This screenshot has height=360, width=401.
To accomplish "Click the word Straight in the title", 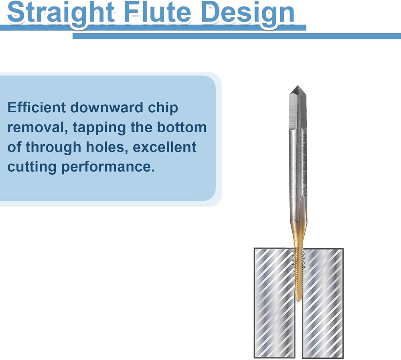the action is [x=61, y=12].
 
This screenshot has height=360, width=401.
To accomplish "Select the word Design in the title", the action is [x=248, y=12].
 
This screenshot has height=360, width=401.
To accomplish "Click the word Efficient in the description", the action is [x=36, y=107].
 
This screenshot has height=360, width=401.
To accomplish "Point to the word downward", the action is [x=106, y=107].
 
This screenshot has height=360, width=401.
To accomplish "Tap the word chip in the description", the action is [x=163, y=108].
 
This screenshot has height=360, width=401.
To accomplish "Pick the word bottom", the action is [x=182, y=127].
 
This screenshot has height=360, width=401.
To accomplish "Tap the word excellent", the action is [x=164, y=147].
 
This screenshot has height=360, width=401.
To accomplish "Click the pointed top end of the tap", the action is [x=298, y=86].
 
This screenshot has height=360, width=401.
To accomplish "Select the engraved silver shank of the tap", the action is [x=298, y=166].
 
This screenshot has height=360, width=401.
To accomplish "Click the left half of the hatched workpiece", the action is [x=274, y=303].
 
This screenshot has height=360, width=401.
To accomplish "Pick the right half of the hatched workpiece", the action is [x=323, y=303].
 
